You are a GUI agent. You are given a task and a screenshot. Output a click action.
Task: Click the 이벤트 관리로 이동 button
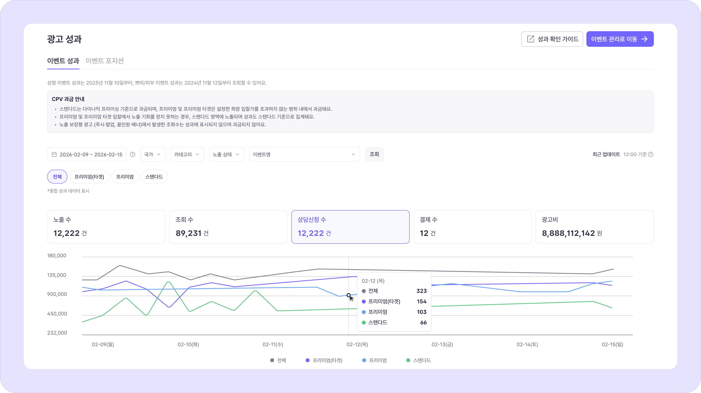pos(620,39)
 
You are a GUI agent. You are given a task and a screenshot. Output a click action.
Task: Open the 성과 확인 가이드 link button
pos(552,39)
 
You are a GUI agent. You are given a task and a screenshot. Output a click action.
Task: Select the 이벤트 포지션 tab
pos(105,61)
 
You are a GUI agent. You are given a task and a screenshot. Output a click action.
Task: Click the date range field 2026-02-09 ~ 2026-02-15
pos(87,154)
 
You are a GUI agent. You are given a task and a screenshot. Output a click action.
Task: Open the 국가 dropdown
pos(153,154)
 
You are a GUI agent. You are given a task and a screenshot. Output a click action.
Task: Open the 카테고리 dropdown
pos(187,154)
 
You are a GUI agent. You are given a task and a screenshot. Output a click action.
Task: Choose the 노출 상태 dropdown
pos(226,154)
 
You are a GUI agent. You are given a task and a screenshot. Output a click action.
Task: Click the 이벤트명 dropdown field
pos(304,154)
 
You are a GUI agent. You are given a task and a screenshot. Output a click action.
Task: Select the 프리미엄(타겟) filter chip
pos(89,177)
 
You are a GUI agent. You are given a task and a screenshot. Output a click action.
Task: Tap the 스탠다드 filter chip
pos(154,177)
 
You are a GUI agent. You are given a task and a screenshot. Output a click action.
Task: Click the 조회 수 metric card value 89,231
pos(188,233)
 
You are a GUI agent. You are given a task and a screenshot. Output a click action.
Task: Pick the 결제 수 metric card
pos(472,227)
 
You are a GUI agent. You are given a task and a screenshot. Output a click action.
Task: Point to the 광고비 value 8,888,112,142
pos(568,233)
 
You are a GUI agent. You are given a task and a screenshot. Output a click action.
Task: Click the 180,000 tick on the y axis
pos(57,256)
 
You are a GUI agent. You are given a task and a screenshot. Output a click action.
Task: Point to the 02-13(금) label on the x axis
pos(442,344)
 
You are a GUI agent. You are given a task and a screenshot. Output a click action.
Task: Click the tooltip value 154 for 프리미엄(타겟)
pos(421,301)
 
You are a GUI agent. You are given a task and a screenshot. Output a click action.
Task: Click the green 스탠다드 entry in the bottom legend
pos(418,360)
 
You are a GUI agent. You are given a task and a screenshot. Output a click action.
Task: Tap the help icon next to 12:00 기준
pos(651,154)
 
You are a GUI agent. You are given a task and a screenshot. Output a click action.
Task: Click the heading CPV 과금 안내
pos(68,99)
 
